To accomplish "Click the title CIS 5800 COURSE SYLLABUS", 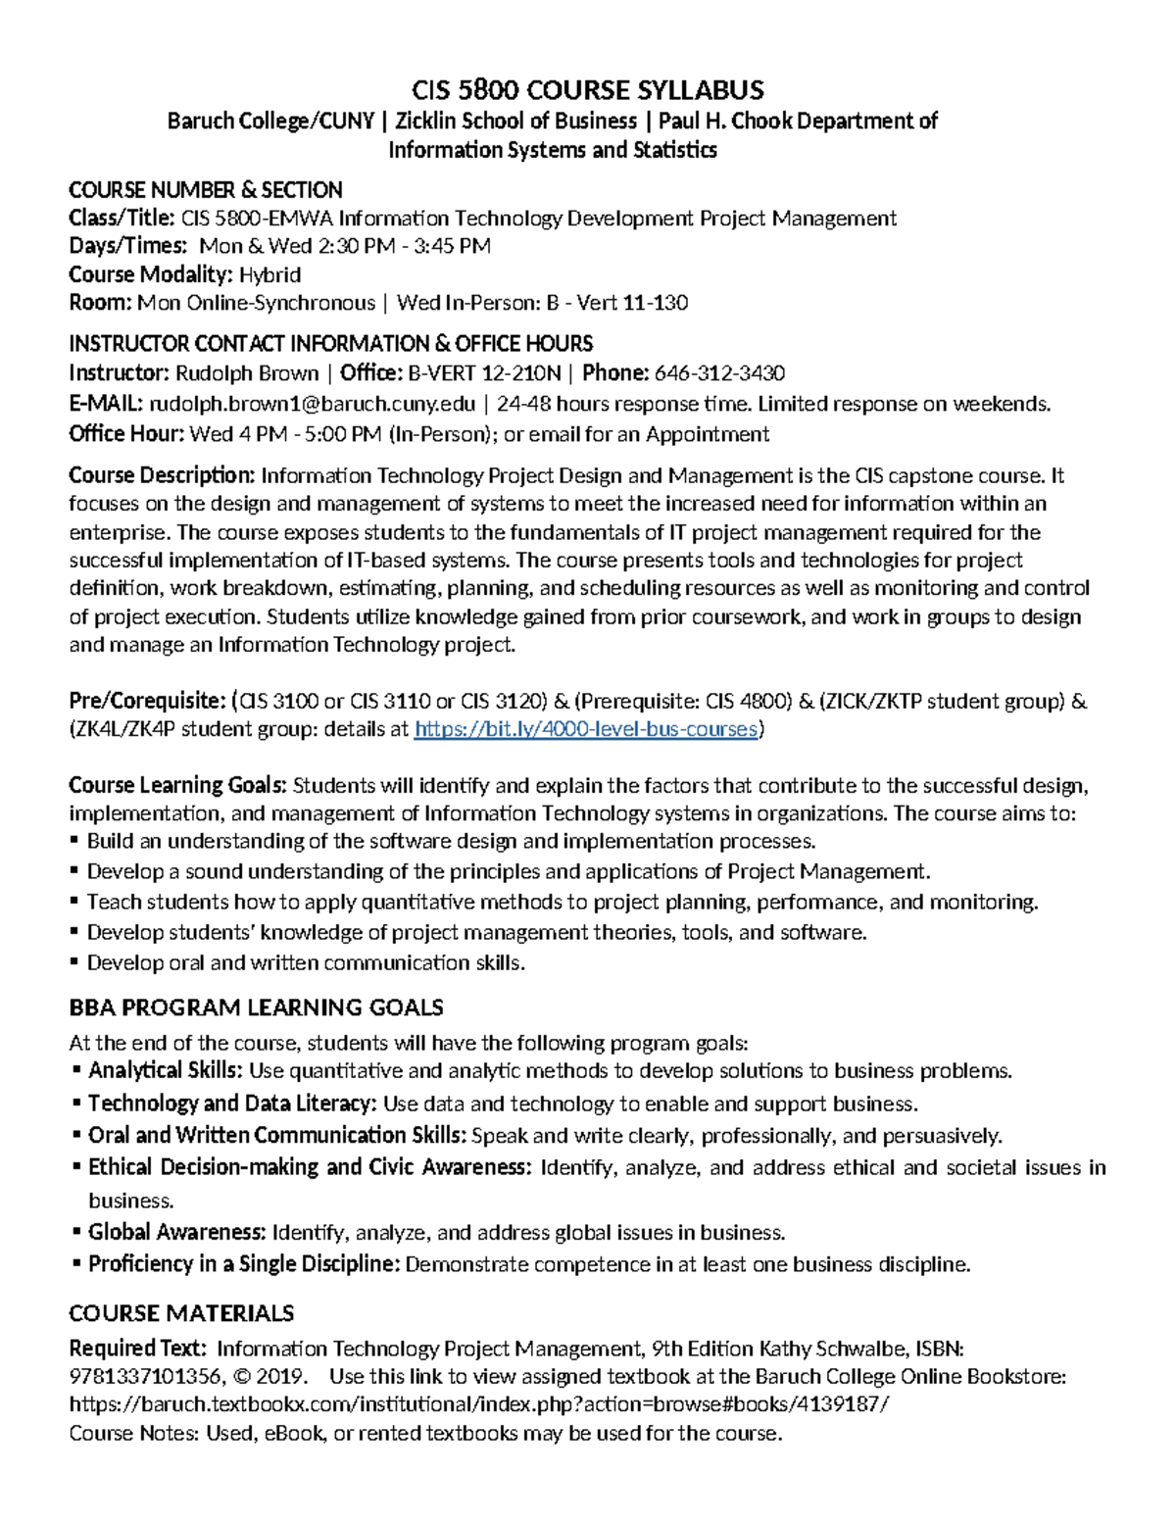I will coord(587,91).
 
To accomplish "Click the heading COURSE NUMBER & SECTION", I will coord(205,190).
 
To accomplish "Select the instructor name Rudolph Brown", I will coord(247,373).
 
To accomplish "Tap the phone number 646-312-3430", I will coord(719,373).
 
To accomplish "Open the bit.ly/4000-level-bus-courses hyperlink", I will coord(585,730).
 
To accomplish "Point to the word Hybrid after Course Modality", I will coord(270,274).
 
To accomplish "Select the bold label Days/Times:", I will coord(127,246).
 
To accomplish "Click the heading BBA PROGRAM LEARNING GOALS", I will coord(256,1008).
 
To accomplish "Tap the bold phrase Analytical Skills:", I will coord(166,1071).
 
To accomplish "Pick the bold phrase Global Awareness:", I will coord(176,1233).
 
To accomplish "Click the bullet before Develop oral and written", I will coord(75,963).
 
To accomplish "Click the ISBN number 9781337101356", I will coord(143,1377).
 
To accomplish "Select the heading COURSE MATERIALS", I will coord(181,1314).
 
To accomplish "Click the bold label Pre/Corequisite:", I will coord(147,702).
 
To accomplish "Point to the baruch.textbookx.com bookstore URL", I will coord(479,1405).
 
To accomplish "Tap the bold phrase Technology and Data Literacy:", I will coord(232,1105).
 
